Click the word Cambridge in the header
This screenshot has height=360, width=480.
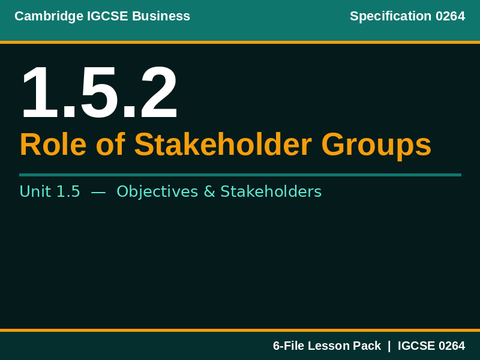tap(43, 16)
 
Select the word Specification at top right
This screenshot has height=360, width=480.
tap(391, 16)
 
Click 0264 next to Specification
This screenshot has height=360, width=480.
tap(450, 16)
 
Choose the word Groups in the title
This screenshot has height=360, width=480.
tap(376, 145)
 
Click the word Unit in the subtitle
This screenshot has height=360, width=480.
tap(35, 191)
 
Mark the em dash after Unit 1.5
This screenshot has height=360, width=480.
tap(98, 191)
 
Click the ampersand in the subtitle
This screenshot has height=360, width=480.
tap(209, 191)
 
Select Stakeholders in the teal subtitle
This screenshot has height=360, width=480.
tap(271, 191)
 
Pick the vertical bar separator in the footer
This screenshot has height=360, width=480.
tap(389, 346)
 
